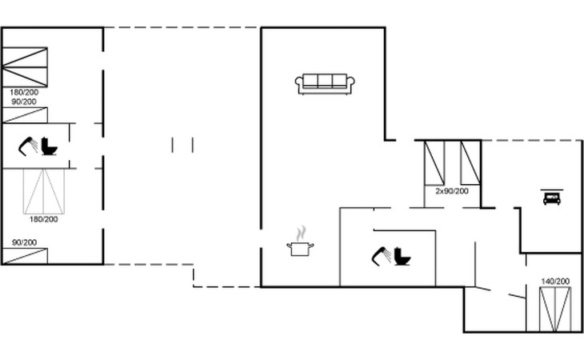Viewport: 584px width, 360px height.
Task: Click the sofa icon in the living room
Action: pyautogui.click(x=325, y=83)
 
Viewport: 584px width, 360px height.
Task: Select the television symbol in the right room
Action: pyautogui.click(x=551, y=197)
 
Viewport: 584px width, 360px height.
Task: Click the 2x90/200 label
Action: pyautogui.click(x=452, y=191)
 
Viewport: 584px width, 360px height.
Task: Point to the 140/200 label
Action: pyautogui.click(x=555, y=282)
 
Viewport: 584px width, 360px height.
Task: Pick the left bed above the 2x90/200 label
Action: pyautogui.click(x=434, y=162)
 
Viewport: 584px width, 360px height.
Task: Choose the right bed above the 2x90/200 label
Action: pyautogui.click(x=470, y=162)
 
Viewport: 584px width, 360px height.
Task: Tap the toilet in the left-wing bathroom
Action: pyautogui.click(x=50, y=146)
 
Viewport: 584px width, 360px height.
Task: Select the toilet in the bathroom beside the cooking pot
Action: pyautogui.click(x=402, y=257)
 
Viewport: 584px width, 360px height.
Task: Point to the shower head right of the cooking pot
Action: pyautogui.click(x=380, y=255)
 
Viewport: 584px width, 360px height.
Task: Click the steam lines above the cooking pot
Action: pyautogui.click(x=301, y=233)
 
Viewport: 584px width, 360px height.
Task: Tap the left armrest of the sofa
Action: pyautogui.click(x=299, y=82)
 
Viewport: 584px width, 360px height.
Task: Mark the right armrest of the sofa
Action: pyautogui.click(x=351, y=82)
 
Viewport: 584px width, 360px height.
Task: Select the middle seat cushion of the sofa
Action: pyautogui.click(x=325, y=81)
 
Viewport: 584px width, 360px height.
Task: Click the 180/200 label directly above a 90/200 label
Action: pyautogui.click(x=24, y=93)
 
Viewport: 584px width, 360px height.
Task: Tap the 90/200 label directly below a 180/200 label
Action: pyautogui.click(x=24, y=102)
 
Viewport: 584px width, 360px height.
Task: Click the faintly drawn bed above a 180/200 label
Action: pyautogui.click(x=44, y=191)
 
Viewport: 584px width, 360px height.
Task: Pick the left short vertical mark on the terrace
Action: pyautogui.click(x=173, y=145)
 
